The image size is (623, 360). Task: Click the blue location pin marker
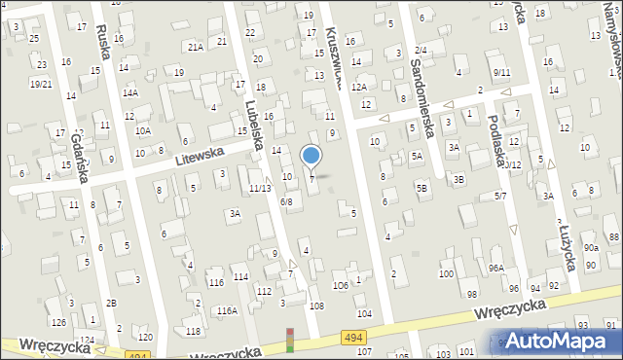(311, 154)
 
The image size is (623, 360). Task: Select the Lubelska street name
(255, 125)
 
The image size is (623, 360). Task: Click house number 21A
(196, 46)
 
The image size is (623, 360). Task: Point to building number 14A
(129, 93)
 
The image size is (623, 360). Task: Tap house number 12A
(358, 87)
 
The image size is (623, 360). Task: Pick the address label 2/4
(420, 50)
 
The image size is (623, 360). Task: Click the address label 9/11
(501, 72)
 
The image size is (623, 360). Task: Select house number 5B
(421, 186)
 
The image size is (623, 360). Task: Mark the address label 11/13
(259, 188)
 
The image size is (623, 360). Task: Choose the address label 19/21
(40, 84)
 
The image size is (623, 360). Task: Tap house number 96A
(495, 268)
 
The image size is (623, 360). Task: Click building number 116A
(227, 310)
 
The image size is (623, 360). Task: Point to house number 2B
(111, 303)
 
